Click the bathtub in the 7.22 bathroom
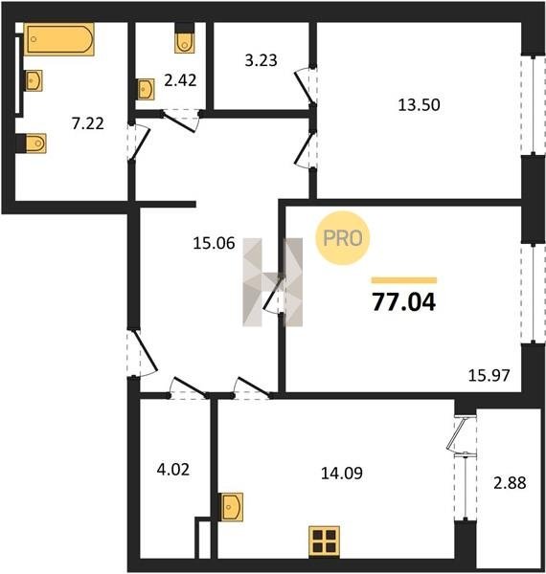click(59, 39)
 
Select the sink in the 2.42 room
click(147, 89)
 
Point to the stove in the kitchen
click(325, 541)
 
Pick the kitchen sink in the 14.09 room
click(233, 507)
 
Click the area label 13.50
click(419, 105)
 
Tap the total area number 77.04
click(404, 302)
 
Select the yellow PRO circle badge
click(343, 238)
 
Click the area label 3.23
click(261, 60)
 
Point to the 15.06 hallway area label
click(214, 243)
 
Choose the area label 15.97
click(489, 376)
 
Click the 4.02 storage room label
click(173, 470)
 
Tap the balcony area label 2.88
click(510, 483)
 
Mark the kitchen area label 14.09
click(342, 474)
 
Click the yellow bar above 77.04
click(404, 280)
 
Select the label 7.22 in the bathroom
click(88, 123)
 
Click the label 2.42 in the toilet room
click(180, 80)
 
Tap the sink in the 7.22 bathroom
click(34, 80)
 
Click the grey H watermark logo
click(273, 282)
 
